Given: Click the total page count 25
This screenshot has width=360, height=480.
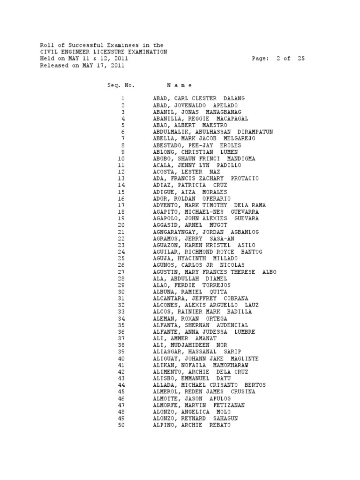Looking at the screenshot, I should click(x=300, y=59).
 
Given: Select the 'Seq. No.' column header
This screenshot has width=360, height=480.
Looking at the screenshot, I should click(x=121, y=86).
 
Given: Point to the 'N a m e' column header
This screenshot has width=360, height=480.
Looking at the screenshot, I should click(x=179, y=86).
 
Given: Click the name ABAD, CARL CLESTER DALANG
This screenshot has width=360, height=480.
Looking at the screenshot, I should click(x=199, y=99).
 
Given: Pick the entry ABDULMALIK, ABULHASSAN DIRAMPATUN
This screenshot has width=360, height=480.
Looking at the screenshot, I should click(x=213, y=132).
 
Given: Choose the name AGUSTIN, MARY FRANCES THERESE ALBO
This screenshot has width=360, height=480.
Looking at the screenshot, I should click(x=214, y=272).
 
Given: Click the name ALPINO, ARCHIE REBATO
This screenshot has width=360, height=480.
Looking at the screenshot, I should click(x=191, y=425).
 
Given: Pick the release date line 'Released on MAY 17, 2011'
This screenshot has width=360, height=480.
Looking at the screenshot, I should click(x=82, y=66).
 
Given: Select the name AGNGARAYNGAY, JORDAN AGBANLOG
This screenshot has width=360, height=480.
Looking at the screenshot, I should click(x=206, y=232).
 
